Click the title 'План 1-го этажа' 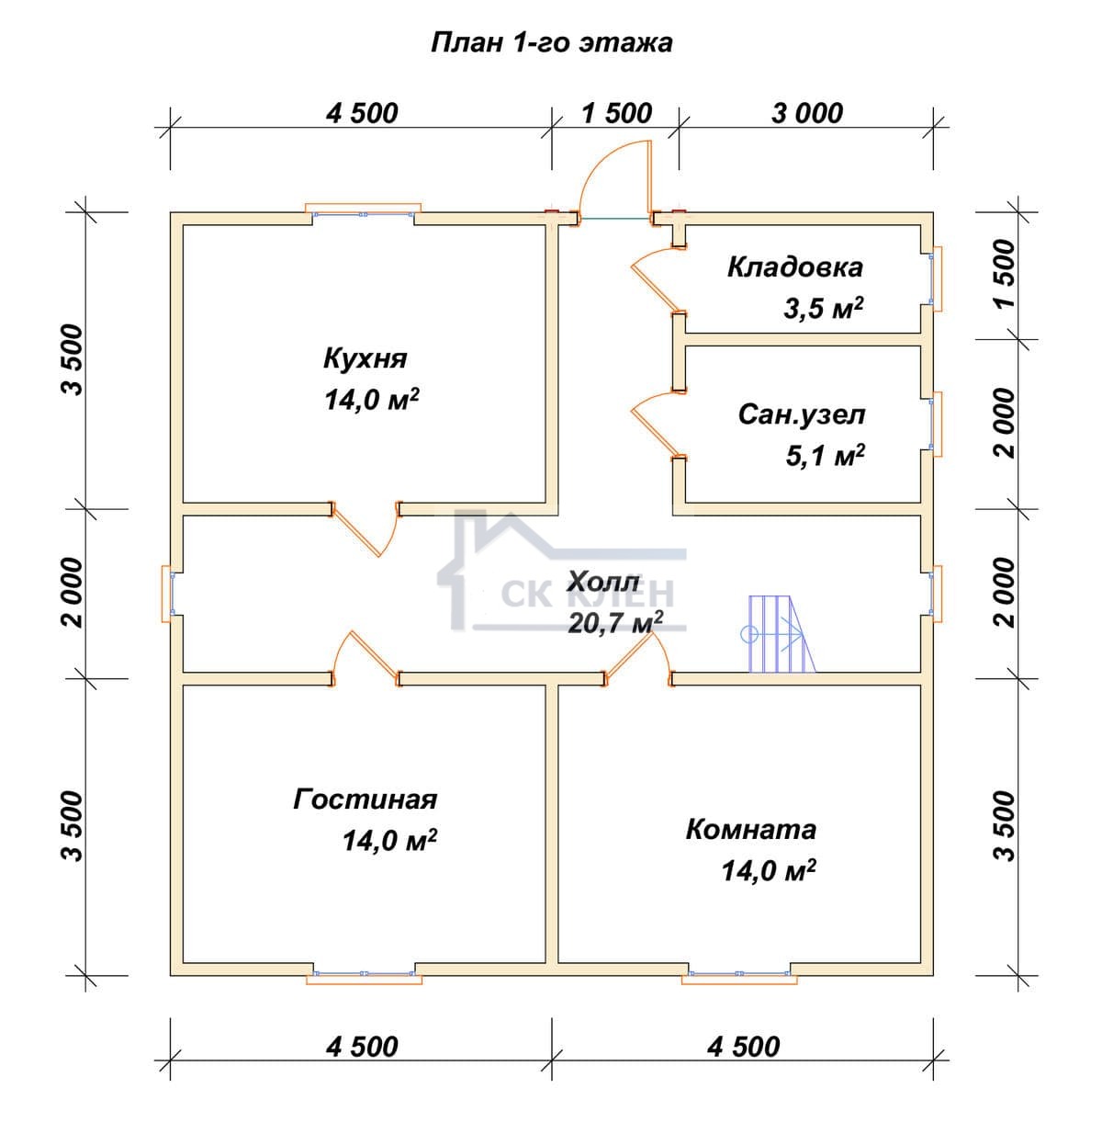click(x=551, y=43)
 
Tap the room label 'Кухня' click(x=365, y=359)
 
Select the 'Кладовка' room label click(x=795, y=267)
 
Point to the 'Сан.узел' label click(x=802, y=414)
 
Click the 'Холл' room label click(x=602, y=583)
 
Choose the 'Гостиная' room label click(x=365, y=799)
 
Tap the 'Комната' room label click(x=751, y=830)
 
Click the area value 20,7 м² click(x=615, y=622)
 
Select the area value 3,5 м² click(x=823, y=309)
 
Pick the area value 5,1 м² click(x=825, y=456)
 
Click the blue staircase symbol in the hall click(x=779, y=634)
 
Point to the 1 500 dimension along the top click(x=617, y=114)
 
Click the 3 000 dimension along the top click(x=807, y=114)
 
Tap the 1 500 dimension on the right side click(x=1006, y=274)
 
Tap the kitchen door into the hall click(x=365, y=529)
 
